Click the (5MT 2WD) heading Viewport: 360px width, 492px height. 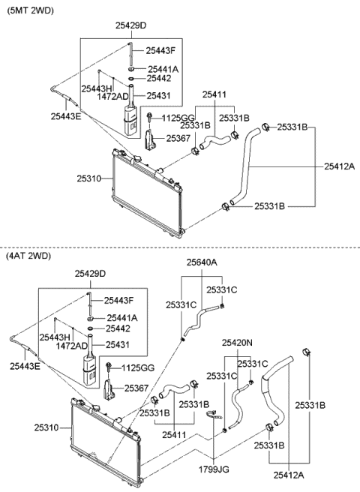pyautogui.click(x=30, y=10)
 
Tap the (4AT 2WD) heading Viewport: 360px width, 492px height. pyautogui.click(x=28, y=256)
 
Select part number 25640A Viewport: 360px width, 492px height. pyautogui.click(x=202, y=262)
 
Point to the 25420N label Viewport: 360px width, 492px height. pyautogui.click(x=237, y=343)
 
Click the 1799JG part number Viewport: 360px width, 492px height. pyautogui.click(x=214, y=469)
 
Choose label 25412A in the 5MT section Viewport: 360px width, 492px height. pyautogui.click(x=339, y=166)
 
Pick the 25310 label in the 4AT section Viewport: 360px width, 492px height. pyautogui.click(x=46, y=427)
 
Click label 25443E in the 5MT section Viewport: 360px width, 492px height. pyautogui.click(x=66, y=116)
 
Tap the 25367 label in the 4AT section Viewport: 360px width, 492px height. pyautogui.click(x=136, y=388)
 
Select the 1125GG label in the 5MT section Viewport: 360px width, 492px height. pyautogui.click(x=178, y=118)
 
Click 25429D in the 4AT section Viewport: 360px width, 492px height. pyautogui.click(x=90, y=274)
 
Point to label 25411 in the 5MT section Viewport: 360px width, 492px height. pyautogui.click(x=214, y=94)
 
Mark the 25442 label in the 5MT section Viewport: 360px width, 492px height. pyautogui.click(x=159, y=79)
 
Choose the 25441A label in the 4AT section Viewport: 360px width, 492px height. pyautogui.click(x=122, y=318)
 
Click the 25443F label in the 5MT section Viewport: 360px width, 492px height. pyautogui.click(x=160, y=50)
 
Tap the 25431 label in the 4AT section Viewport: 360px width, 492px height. pyautogui.click(x=118, y=345)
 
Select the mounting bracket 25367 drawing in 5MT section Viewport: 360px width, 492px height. pyautogui.click(x=150, y=140)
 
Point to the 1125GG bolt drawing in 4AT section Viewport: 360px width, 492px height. pyautogui.click(x=109, y=367)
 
